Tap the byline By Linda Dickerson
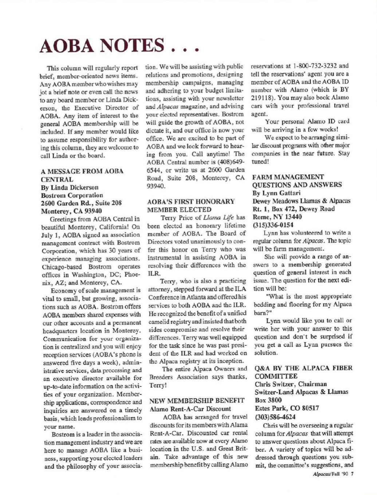click(70, 188)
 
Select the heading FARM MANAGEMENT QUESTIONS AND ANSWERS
click(297, 181)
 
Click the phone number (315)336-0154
click(276, 225)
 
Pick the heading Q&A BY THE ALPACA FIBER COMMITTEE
click(303, 372)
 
